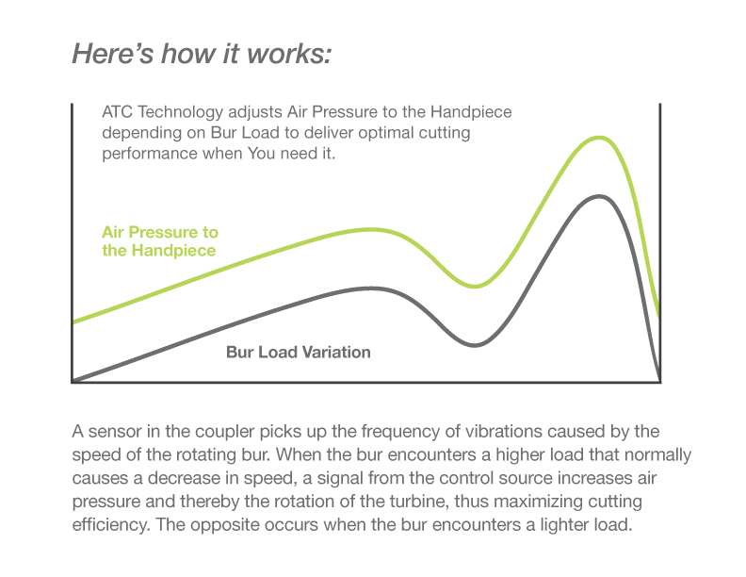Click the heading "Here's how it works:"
(202, 54)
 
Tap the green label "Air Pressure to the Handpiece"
(160, 241)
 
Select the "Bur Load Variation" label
(299, 353)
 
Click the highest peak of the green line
(599, 138)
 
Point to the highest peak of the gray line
(599, 197)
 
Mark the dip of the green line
(475, 286)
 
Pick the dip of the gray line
(475, 345)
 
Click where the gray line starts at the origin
(73, 381)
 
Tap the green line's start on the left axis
(73, 322)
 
